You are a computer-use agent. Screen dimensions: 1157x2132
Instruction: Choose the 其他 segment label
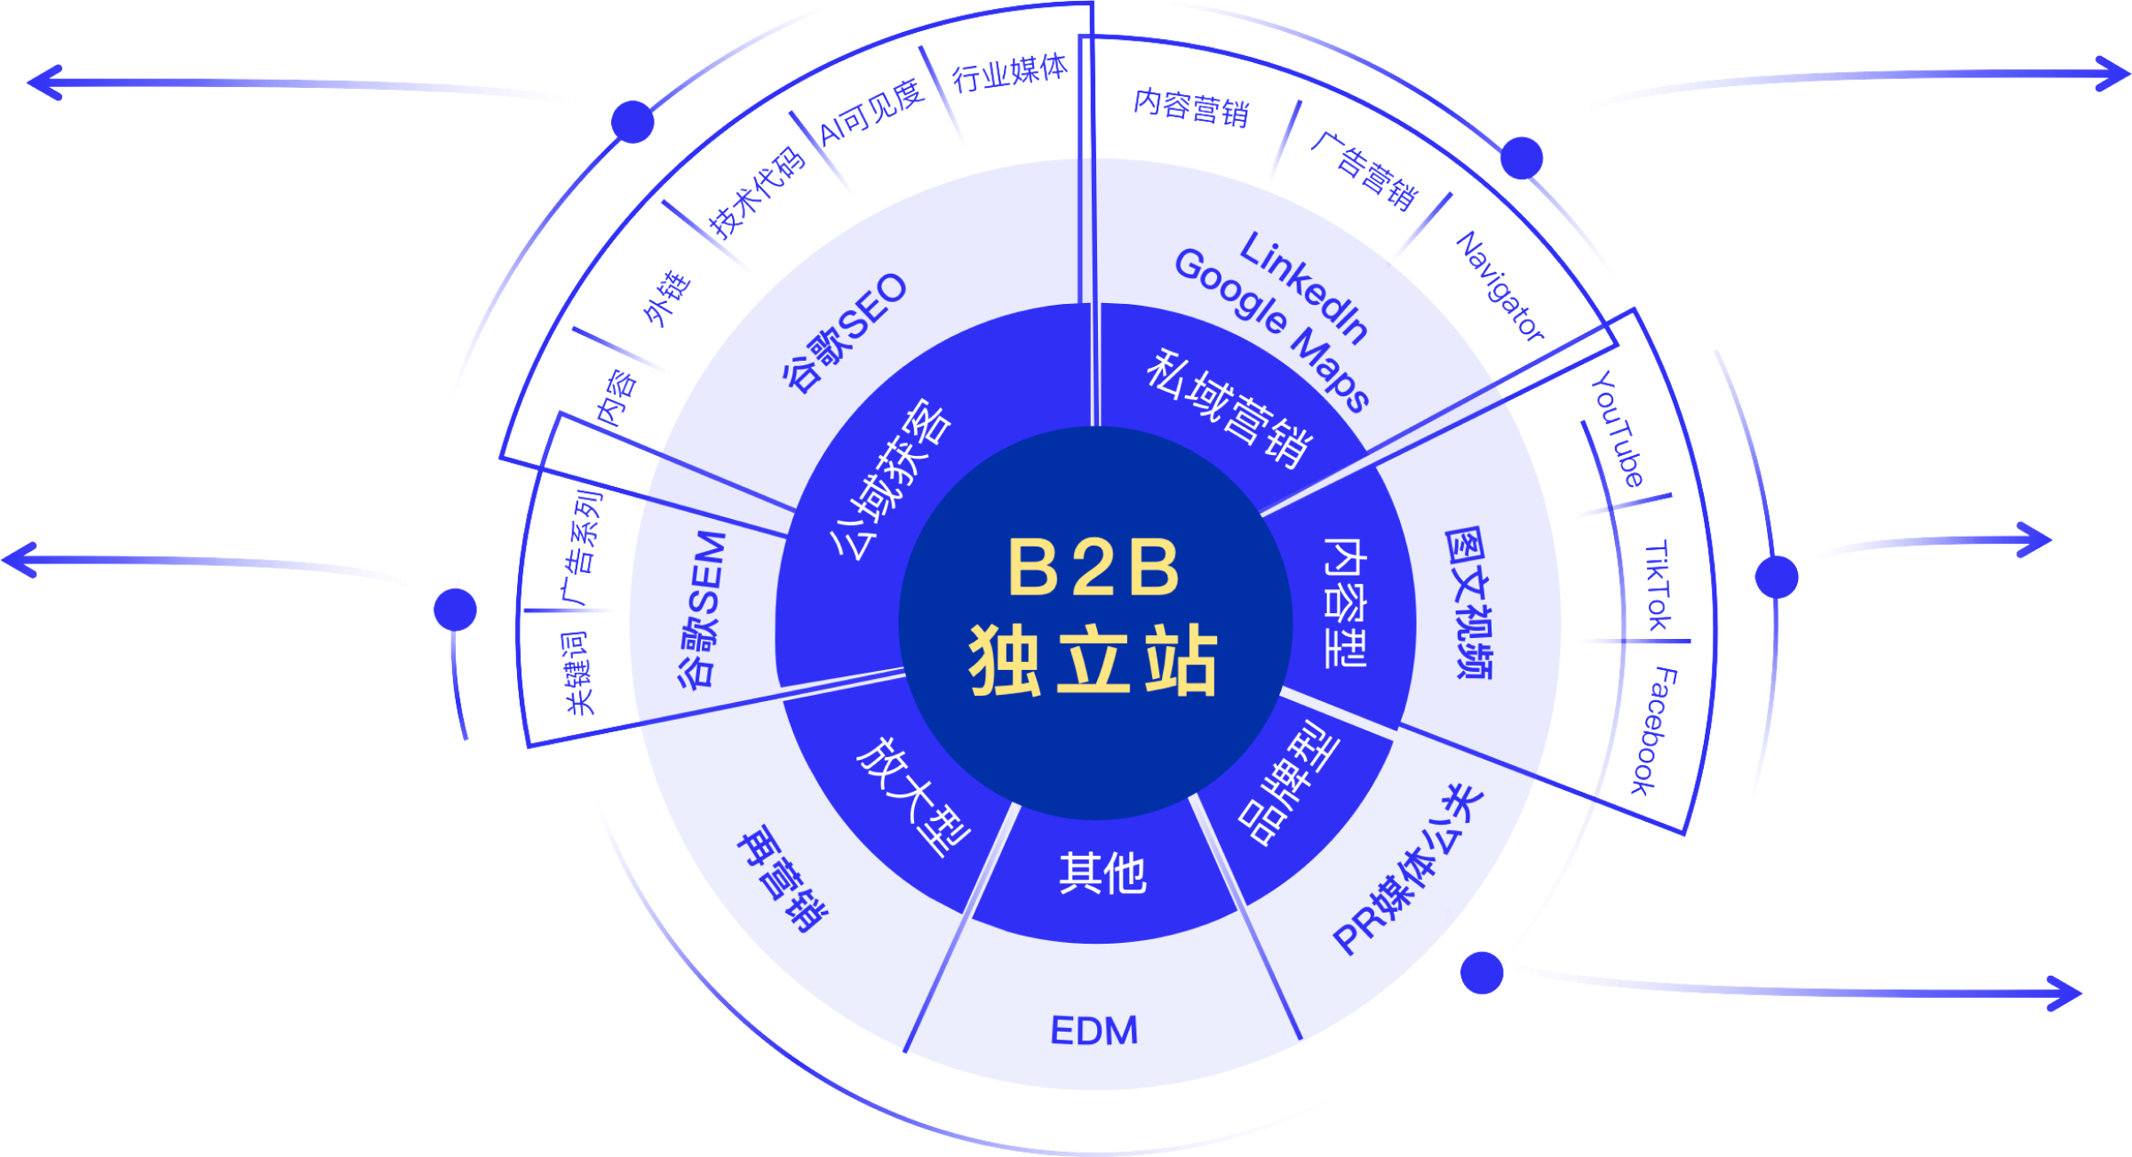(x=1102, y=874)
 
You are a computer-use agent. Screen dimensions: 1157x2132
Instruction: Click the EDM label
(x=1094, y=1032)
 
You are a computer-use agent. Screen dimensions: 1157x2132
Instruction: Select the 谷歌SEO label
(x=845, y=332)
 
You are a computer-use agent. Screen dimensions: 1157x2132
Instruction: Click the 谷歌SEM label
(x=703, y=610)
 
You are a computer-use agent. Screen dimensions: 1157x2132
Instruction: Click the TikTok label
(x=1658, y=586)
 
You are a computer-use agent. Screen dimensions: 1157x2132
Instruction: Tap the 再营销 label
(x=782, y=880)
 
